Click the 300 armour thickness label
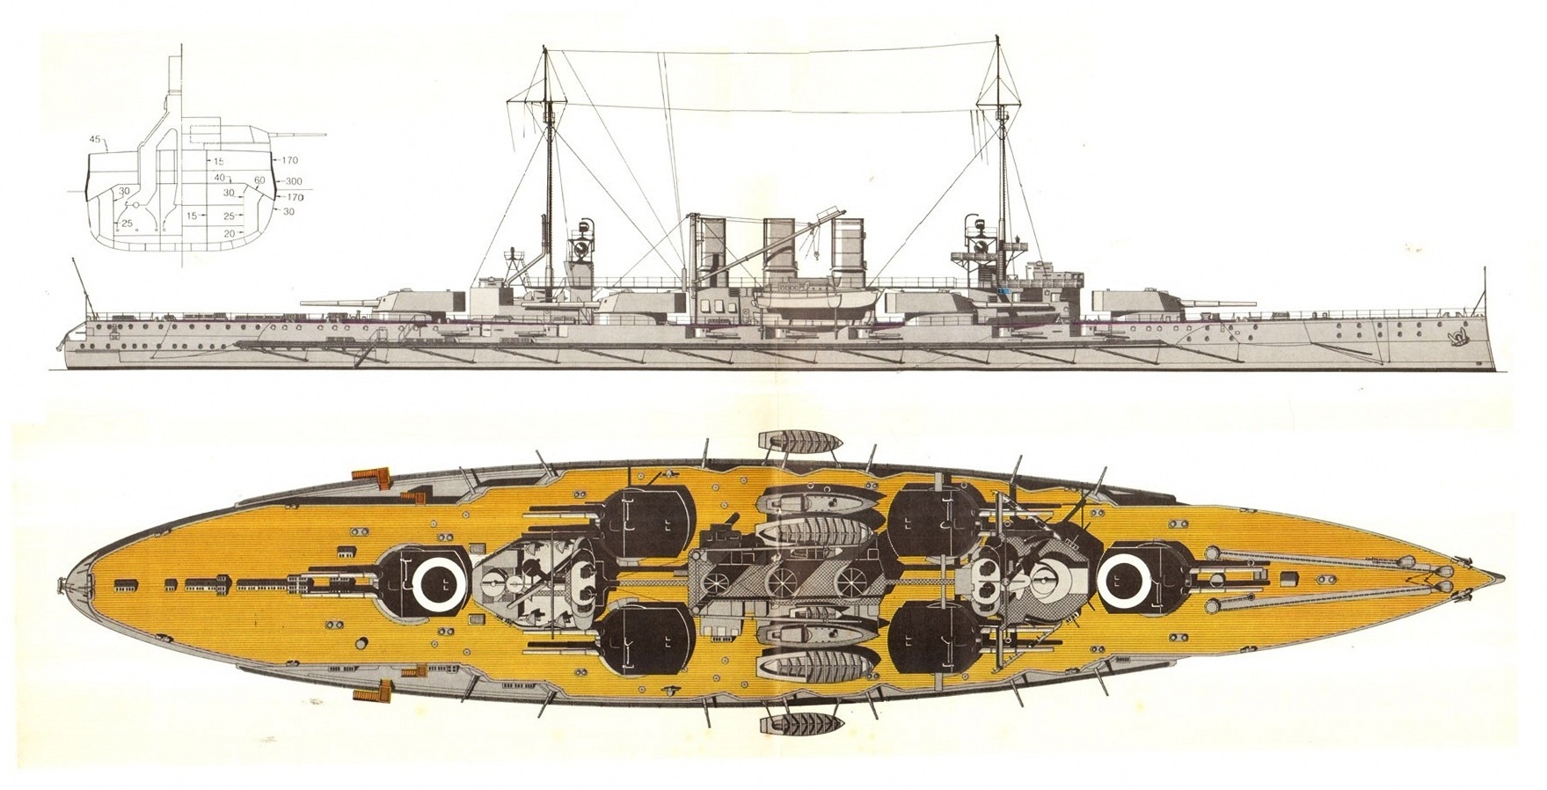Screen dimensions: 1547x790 click(x=294, y=181)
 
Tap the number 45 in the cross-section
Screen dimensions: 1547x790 click(x=94, y=140)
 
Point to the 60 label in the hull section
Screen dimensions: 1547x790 click(x=259, y=180)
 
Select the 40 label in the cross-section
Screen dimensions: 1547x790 click(x=220, y=178)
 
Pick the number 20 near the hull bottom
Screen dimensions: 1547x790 click(x=229, y=233)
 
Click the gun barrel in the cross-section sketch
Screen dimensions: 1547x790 click(x=296, y=135)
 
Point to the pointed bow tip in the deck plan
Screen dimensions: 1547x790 click(x=1503, y=579)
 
